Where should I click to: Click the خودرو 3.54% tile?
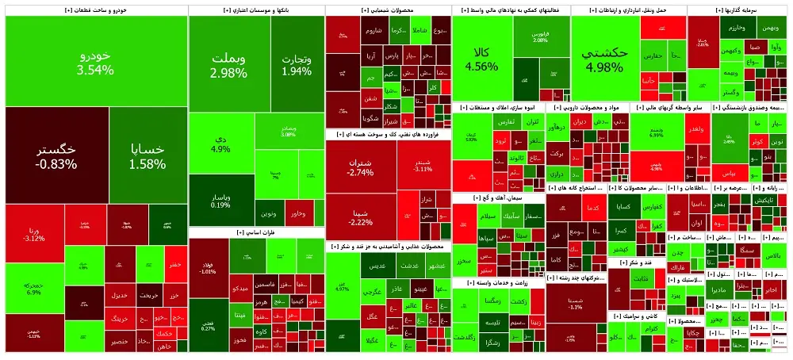tap(95, 62)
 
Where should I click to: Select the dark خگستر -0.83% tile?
tap(56, 155)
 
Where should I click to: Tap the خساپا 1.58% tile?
tap(148, 155)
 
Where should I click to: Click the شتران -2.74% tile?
tap(360, 167)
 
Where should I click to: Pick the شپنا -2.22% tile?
tap(360, 216)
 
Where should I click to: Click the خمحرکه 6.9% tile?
tap(34, 287)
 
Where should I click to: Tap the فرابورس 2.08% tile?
tap(541, 37)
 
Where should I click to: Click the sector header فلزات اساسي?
tap(256, 232)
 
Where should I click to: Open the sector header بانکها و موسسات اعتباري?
tap(256, 10)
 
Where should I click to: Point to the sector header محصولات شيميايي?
tap(388, 10)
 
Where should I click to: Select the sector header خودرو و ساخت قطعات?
tap(96, 10)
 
